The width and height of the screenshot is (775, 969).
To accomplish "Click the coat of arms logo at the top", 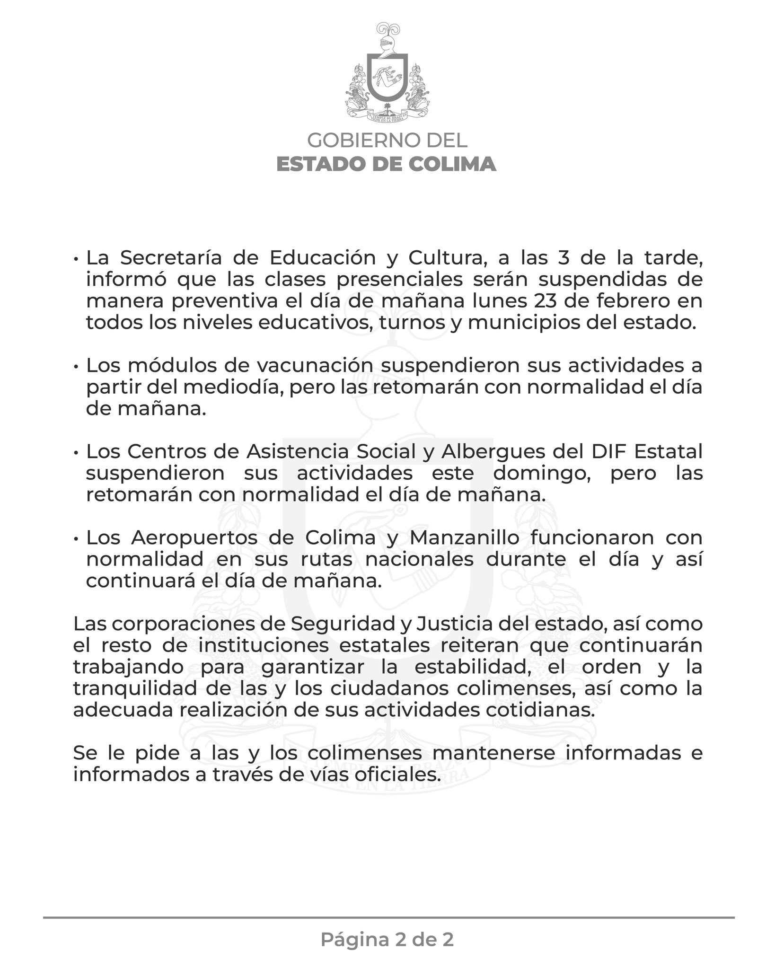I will [x=387, y=76].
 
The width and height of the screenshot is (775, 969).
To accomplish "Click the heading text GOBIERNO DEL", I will [x=387, y=141].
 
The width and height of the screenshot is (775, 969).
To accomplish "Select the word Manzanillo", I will [x=489, y=538].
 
